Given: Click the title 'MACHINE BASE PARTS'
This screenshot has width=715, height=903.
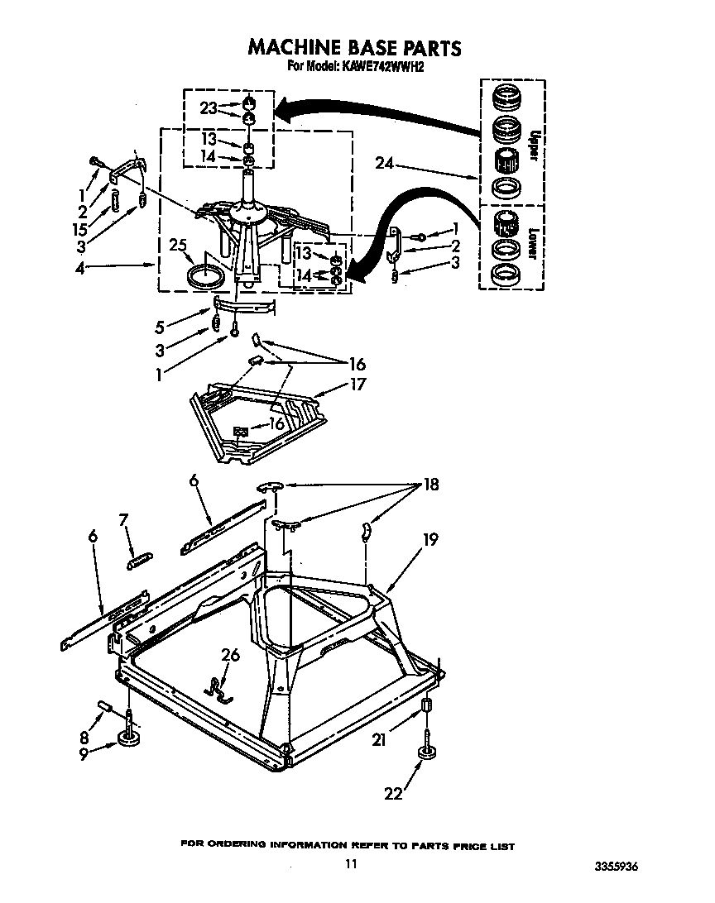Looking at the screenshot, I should [354, 48].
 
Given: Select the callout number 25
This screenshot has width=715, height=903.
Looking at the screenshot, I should [175, 245].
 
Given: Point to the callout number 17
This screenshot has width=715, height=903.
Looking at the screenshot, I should [357, 384].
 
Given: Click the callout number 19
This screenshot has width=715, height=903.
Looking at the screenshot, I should [429, 539].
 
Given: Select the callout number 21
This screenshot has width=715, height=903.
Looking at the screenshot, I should [379, 741].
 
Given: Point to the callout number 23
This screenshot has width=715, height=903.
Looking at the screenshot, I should [209, 107].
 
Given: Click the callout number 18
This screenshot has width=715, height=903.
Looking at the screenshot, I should [430, 485].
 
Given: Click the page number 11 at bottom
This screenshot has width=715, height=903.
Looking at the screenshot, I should [351, 864].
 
